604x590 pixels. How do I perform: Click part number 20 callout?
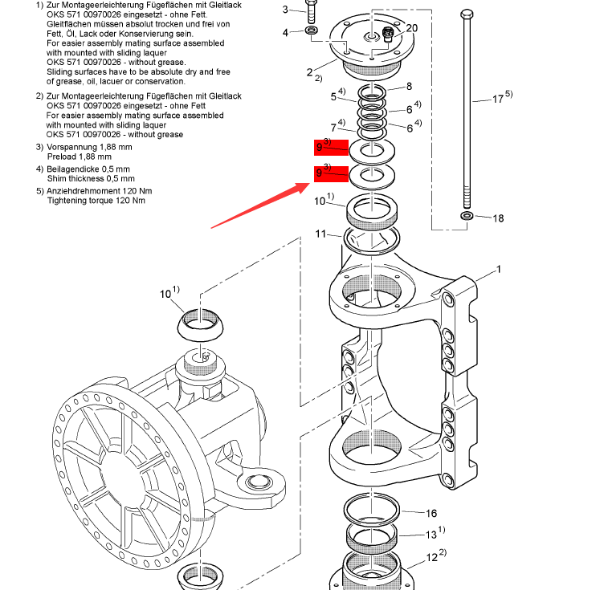tap(412, 28)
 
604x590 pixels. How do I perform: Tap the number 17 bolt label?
tap(499, 100)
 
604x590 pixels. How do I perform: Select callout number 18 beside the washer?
tap(499, 218)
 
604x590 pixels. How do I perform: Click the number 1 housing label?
tap(498, 270)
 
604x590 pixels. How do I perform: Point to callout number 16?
tap(431, 514)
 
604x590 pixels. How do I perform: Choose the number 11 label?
tap(321, 234)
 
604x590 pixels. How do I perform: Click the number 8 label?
tap(409, 87)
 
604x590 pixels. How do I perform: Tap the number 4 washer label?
tap(285, 32)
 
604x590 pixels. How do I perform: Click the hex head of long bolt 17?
tap(467, 14)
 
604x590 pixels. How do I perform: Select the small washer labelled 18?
tap(467, 217)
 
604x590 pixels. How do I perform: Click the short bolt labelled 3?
tap(312, 13)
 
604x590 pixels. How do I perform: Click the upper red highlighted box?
tap(331, 147)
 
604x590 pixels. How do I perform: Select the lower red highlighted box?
tap(331, 173)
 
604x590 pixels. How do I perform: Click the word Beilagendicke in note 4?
tap(78, 169)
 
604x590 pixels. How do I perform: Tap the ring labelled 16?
tap(371, 507)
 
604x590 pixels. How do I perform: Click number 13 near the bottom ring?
tap(431, 535)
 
